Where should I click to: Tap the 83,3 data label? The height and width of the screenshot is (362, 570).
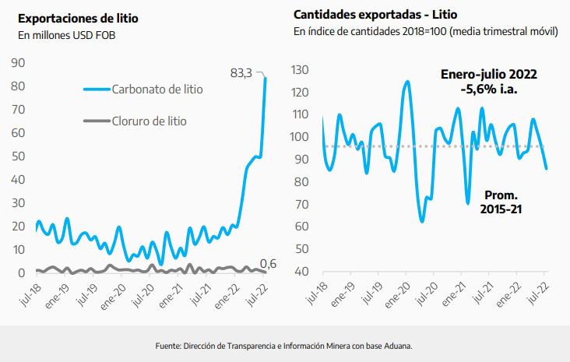point(241,74)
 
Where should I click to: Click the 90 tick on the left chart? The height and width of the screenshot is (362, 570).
point(18,63)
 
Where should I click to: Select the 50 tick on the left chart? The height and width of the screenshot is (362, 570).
point(18,156)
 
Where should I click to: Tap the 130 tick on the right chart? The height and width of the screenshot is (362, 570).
point(300,70)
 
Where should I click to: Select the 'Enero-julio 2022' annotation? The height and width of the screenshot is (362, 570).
point(488,75)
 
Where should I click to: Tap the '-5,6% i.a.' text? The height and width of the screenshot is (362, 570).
point(488,90)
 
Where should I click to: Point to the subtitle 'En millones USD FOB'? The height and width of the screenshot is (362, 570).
point(61,34)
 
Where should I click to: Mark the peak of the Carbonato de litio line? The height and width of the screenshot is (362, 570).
point(266,78)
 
